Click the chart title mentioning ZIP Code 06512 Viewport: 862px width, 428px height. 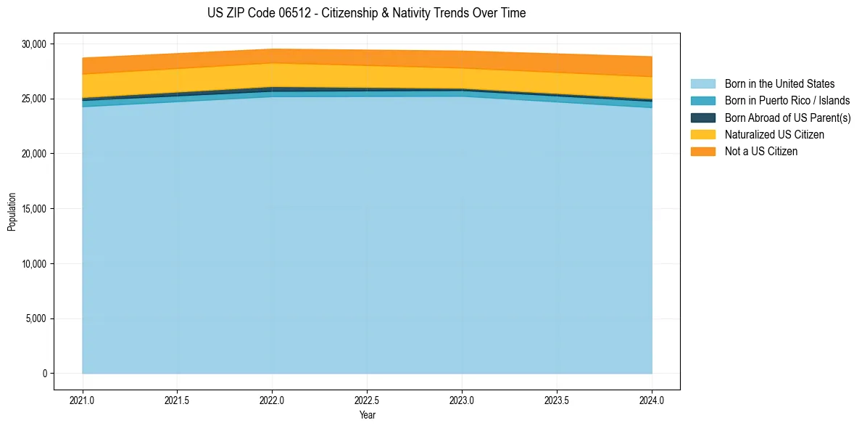click(x=366, y=13)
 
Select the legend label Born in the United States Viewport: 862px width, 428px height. click(x=779, y=84)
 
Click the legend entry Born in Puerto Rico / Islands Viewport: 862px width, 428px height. click(x=787, y=101)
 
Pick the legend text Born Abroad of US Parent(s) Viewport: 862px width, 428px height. click(x=787, y=118)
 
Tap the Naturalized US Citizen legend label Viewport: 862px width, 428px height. click(x=774, y=134)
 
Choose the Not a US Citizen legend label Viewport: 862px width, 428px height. click(x=761, y=152)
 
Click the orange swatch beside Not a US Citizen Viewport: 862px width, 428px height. click(x=703, y=152)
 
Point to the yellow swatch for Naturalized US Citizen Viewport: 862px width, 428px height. click(x=703, y=134)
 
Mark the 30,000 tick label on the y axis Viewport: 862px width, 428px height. click(x=34, y=44)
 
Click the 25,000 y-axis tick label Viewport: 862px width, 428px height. click(x=34, y=99)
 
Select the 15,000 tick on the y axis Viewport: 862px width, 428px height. click(x=34, y=209)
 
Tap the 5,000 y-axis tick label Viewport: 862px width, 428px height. click(x=36, y=318)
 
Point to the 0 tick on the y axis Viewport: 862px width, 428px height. click(x=44, y=374)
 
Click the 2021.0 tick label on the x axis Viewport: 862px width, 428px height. click(x=82, y=400)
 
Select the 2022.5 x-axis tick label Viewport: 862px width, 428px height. click(x=367, y=400)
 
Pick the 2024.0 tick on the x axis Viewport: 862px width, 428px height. click(x=652, y=400)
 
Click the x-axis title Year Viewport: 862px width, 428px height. click(x=367, y=416)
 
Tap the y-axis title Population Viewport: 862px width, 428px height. click(x=12, y=212)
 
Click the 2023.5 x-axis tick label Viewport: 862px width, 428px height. click(x=557, y=400)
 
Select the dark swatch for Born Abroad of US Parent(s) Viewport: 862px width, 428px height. click(x=703, y=118)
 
